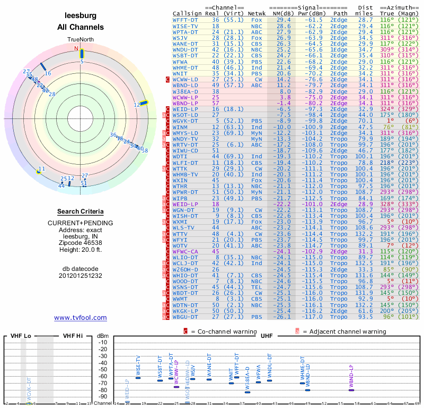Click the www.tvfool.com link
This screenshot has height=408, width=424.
pyautogui.click(x=81, y=318)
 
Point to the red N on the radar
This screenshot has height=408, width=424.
pyautogui.click(x=76, y=48)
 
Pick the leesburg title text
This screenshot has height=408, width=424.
pyautogui.click(x=81, y=15)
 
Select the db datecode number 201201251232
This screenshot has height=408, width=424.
pyautogui.click(x=81, y=276)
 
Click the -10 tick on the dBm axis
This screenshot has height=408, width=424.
pyautogui.click(x=103, y=343)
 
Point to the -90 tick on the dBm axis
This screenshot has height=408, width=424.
pyautogui.click(x=103, y=397)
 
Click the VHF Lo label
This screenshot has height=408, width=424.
pyautogui.click(x=19, y=336)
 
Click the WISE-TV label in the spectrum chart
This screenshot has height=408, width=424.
pyautogui.click(x=138, y=365)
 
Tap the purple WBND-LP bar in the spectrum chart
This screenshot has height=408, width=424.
pyautogui.click(x=351, y=390)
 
